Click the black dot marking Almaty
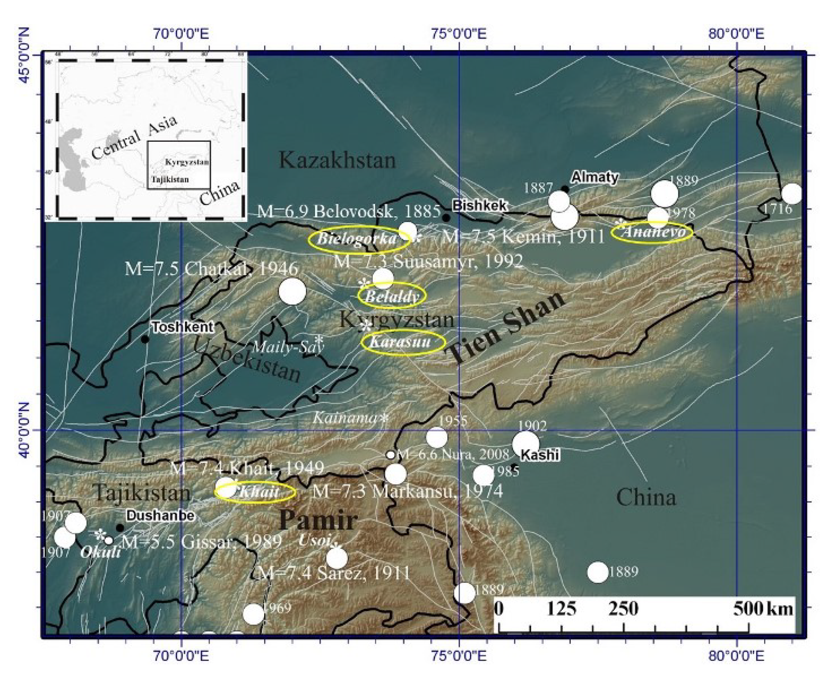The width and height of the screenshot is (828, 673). tap(565, 189)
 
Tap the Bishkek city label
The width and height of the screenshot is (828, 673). tap(479, 205)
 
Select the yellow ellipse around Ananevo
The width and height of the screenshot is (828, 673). tap(652, 232)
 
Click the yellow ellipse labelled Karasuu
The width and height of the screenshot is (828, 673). tap(403, 342)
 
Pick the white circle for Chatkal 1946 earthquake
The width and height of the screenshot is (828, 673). tap(292, 291)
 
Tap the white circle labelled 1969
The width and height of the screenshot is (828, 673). tap(253, 614)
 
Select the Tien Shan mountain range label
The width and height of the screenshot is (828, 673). tap(506, 328)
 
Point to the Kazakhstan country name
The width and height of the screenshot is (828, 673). tap(337, 160)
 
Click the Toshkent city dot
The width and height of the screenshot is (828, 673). tap(145, 340)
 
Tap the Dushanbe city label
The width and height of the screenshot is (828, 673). tap(160, 515)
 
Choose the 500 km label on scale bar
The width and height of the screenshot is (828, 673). tap(762, 609)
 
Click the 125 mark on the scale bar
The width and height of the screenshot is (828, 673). tap(561, 609)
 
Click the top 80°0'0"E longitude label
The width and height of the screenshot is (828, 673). tap(736, 34)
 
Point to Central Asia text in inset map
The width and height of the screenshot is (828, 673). tap(134, 138)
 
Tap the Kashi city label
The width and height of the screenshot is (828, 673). tap(539, 455)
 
